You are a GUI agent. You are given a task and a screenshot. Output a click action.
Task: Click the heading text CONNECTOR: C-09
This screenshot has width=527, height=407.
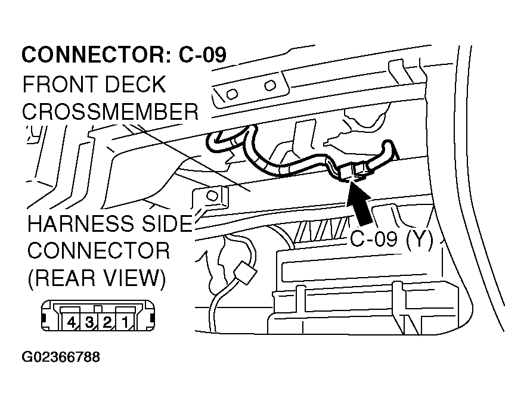pos(124,55)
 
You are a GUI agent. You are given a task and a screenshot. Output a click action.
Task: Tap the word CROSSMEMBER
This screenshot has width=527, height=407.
pos(110,111)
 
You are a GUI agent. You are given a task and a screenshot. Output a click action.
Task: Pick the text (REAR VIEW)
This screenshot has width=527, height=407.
pos(95,278)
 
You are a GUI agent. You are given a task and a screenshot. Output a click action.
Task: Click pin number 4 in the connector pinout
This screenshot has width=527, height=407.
pos(71,323)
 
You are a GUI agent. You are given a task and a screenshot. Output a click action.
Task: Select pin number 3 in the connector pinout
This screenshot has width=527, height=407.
pos(89,323)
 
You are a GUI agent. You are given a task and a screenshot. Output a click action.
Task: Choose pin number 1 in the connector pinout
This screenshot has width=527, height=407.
pos(125,323)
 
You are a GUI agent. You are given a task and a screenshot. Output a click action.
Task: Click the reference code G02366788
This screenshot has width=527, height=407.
pos(61,358)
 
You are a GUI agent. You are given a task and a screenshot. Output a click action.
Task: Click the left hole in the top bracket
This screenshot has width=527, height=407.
pos(232,93)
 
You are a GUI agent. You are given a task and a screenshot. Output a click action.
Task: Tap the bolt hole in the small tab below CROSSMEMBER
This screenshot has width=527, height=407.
pos(210,195)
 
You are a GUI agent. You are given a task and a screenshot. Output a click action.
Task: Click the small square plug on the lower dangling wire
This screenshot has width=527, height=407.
pos(243,274)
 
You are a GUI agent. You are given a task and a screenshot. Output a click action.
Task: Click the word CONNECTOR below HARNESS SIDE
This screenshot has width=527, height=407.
pos(98,250)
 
